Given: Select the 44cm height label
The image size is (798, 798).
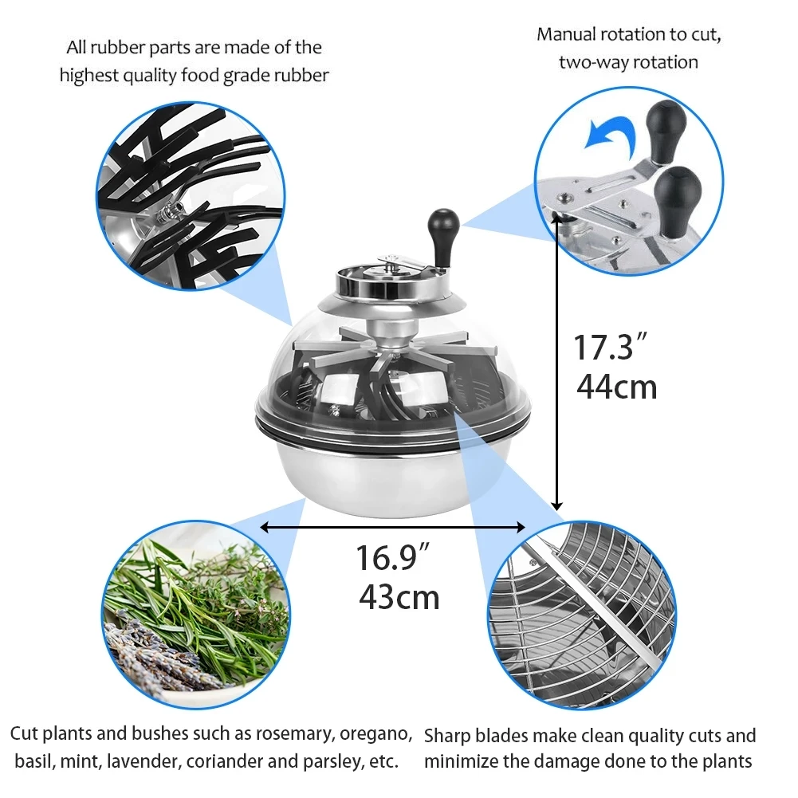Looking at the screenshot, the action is pos(617,387).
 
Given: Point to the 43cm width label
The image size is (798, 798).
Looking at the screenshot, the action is pos(399,596).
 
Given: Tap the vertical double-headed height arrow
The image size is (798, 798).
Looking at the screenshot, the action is pos(558,375).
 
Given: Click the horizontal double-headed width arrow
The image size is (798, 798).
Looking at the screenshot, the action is pos(394,527).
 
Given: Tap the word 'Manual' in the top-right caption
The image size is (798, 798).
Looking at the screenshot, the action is pos(566,34).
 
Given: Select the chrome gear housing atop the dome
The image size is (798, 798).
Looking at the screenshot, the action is pos(391,279).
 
